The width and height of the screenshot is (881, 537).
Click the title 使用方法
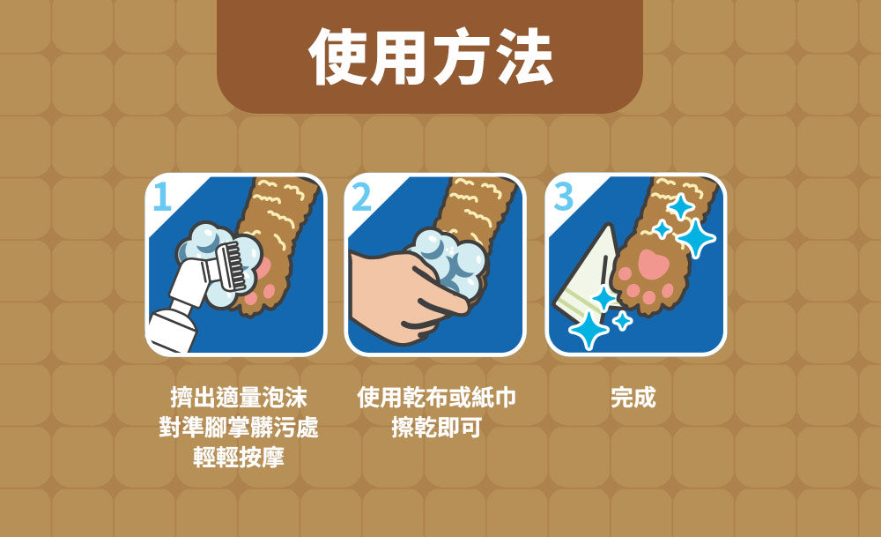(431, 56)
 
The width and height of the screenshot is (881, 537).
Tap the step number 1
(162, 197)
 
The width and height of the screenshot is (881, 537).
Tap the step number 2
(362, 197)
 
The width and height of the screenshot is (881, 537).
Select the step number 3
(564, 197)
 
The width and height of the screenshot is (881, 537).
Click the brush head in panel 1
(229, 265)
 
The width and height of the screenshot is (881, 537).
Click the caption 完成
(633, 398)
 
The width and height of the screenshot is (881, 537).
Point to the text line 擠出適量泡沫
(238, 398)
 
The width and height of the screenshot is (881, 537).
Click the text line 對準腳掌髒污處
(238, 428)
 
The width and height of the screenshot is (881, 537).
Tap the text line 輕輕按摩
(238, 457)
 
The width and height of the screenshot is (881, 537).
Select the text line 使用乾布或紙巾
(437, 398)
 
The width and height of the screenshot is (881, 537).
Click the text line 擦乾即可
(437, 428)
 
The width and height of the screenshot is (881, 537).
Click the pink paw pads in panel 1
(263, 280)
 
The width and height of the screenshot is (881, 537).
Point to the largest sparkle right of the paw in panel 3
(696, 238)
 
